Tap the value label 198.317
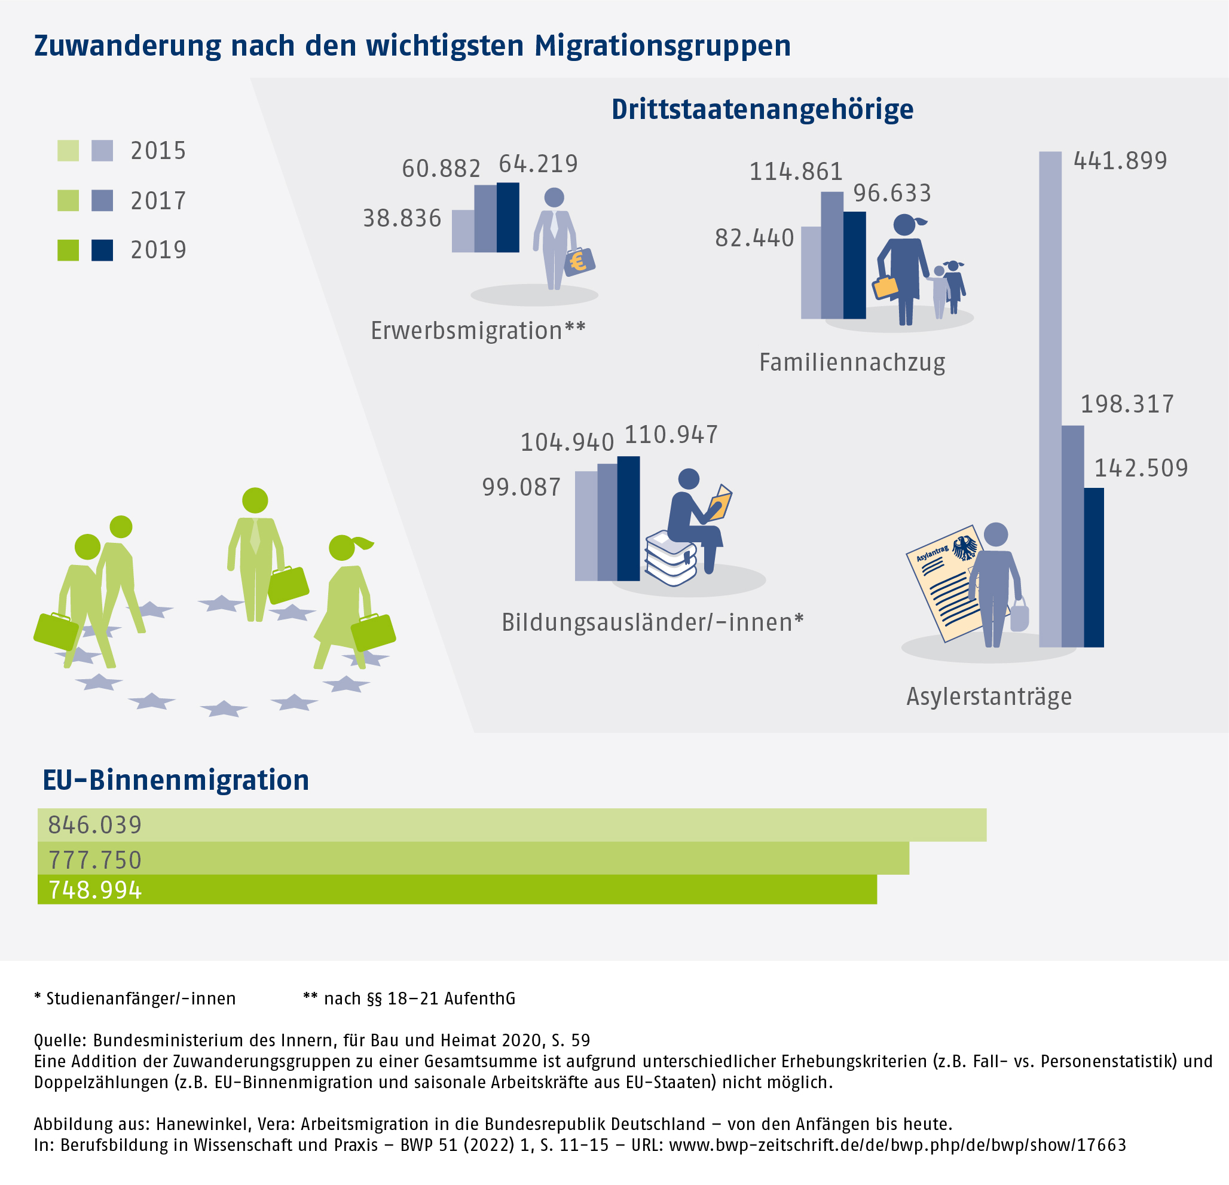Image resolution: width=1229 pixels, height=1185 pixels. (x=1127, y=405)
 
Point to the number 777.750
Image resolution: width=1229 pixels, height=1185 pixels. (x=95, y=859)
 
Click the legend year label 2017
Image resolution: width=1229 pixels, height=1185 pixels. (x=158, y=201)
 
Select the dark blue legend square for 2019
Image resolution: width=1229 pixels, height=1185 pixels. (x=102, y=251)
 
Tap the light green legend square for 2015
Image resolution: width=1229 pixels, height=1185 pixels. (x=68, y=151)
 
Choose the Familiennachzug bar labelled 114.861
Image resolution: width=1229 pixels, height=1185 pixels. (x=831, y=255)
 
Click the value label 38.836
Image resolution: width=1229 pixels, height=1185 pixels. (x=402, y=218)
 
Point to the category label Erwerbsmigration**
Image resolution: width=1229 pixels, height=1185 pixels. (x=478, y=331)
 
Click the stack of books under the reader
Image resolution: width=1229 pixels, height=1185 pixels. (x=670, y=558)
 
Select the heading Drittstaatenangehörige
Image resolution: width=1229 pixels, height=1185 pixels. (x=763, y=109)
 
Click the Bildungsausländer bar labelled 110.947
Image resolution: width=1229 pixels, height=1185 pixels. (x=628, y=518)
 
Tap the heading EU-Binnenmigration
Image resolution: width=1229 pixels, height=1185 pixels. (x=176, y=780)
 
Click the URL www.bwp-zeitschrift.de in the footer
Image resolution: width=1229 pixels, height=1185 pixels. (x=897, y=1145)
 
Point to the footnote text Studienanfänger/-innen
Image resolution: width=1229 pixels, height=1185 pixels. (x=140, y=998)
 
